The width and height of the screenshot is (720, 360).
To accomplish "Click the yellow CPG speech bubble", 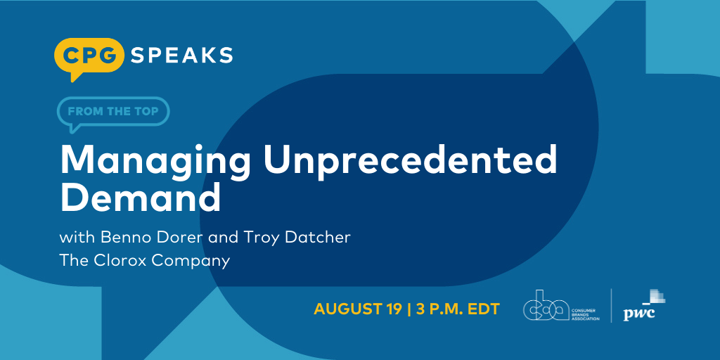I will [x=89, y=56].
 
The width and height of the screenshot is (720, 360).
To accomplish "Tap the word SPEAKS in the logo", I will [x=181, y=54].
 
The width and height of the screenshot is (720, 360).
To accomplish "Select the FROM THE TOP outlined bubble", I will [x=113, y=110].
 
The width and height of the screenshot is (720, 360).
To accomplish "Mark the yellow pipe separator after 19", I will [x=409, y=309].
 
